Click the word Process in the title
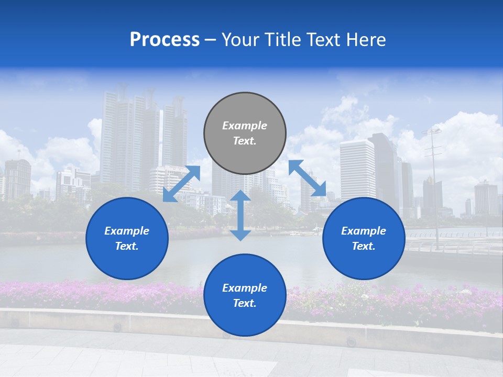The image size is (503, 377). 165,40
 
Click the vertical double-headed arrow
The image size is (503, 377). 240,216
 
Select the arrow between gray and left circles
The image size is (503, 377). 181,184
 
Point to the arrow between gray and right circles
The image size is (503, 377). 307,178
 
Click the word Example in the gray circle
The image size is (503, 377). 245,126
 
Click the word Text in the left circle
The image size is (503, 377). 127,246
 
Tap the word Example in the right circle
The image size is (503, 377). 364,231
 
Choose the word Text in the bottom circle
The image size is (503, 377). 245,303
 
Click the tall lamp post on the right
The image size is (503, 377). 434,188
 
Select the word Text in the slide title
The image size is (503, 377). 322,40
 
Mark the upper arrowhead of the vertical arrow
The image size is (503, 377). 240,196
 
